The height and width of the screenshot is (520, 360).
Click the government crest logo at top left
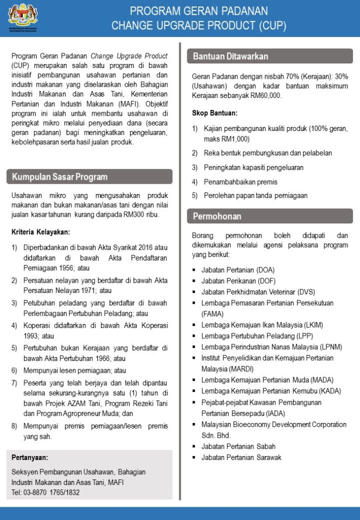(x=23, y=16)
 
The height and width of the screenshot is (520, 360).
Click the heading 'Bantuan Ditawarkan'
(x=231, y=56)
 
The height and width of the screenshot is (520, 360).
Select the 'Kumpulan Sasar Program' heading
(x=60, y=177)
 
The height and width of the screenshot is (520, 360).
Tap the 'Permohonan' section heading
(x=217, y=216)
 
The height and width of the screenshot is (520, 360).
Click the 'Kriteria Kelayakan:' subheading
(x=41, y=232)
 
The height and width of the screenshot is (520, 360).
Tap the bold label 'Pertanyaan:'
(x=29, y=458)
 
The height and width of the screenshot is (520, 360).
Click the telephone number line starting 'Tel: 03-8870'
(x=46, y=492)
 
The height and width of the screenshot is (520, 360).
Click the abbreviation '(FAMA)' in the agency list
(x=213, y=314)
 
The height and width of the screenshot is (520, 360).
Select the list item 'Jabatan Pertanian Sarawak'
(x=241, y=458)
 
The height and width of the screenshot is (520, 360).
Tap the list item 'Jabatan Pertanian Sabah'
(x=238, y=446)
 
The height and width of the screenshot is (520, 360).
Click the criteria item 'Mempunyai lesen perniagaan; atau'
(x=75, y=371)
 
